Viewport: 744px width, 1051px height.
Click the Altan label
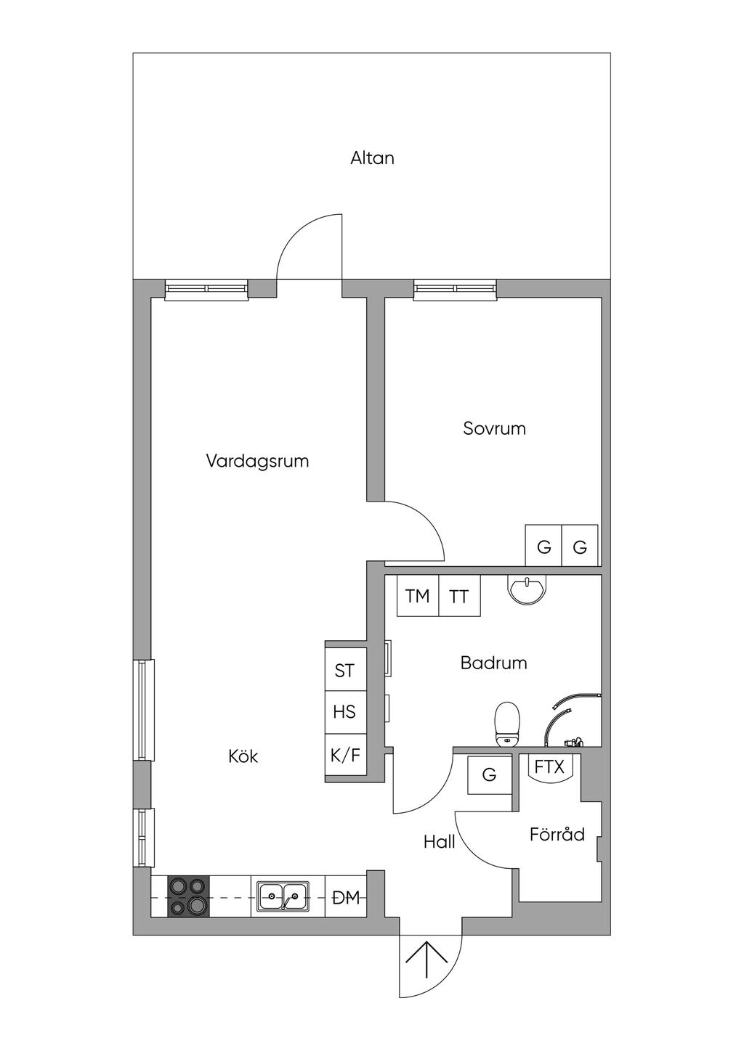372,158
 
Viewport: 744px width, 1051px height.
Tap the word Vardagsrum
257,461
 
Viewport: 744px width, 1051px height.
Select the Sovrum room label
494,428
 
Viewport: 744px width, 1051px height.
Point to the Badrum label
493,663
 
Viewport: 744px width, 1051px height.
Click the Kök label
243,756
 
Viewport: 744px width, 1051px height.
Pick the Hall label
439,842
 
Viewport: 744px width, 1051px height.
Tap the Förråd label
557,834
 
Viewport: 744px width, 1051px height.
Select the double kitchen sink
283,896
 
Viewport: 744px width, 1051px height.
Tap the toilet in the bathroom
507,724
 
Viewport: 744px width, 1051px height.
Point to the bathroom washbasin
527,589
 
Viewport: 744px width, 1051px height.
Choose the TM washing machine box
418,596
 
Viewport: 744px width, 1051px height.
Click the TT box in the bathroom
459,596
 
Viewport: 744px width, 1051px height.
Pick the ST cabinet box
346,671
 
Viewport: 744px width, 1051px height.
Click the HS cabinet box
346,712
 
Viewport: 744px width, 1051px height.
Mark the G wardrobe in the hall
490,774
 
